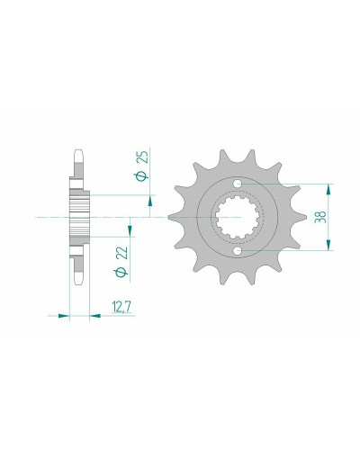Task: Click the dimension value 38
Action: (320, 217)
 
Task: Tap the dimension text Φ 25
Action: (142, 166)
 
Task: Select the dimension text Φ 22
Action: (121, 261)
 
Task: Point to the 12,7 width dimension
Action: (121, 307)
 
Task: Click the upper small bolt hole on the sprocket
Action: (238, 183)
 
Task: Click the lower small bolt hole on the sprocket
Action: (238, 250)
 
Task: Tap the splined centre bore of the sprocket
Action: (238, 217)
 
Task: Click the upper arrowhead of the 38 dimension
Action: (329, 190)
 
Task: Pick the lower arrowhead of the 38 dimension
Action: (329, 244)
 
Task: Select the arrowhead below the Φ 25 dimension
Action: (149, 202)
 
